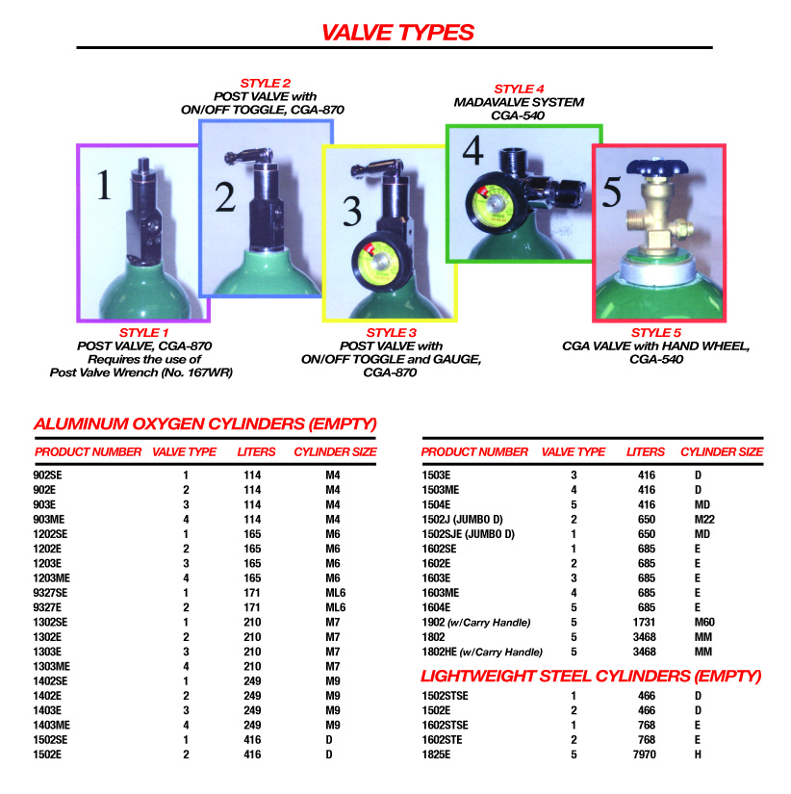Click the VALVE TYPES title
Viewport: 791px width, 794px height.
[x=397, y=32]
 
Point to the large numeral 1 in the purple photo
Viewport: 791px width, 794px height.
[x=104, y=185]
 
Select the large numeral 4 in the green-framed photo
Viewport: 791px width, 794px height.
[x=472, y=153]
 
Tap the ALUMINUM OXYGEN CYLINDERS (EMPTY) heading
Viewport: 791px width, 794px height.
[x=204, y=423]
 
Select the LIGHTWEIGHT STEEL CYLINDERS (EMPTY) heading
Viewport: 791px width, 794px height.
[x=591, y=676]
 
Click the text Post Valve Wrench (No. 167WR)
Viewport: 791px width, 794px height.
[x=143, y=371]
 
